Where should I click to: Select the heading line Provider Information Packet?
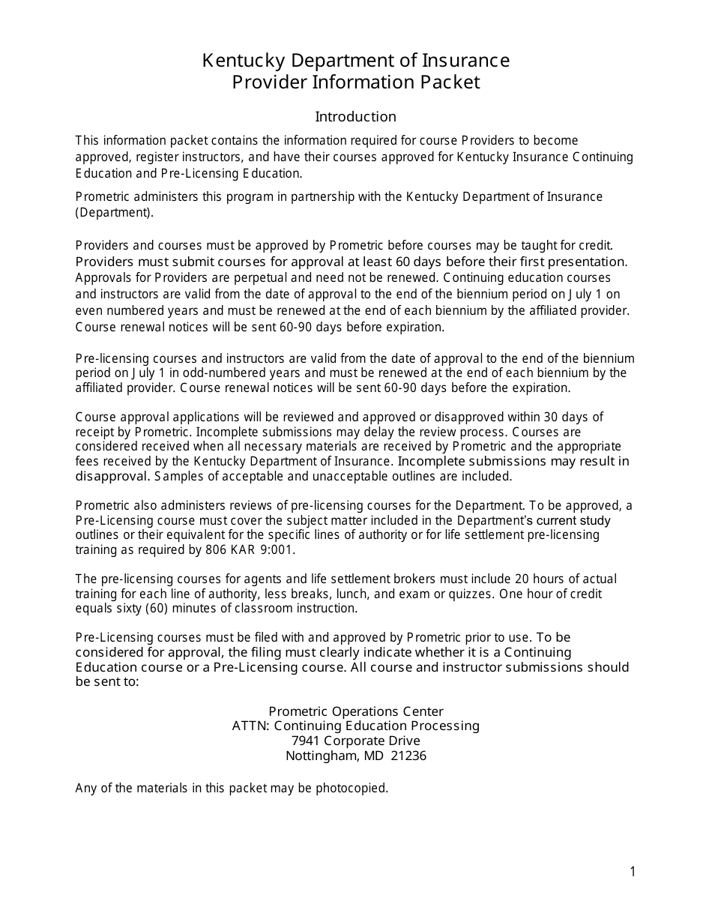pos(355,82)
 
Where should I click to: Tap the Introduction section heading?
pos(355,117)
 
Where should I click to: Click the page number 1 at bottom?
pos(633,871)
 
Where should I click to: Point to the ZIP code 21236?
pos(408,756)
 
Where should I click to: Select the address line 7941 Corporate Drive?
pos(355,741)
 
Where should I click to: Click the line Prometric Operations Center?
pos(355,711)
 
